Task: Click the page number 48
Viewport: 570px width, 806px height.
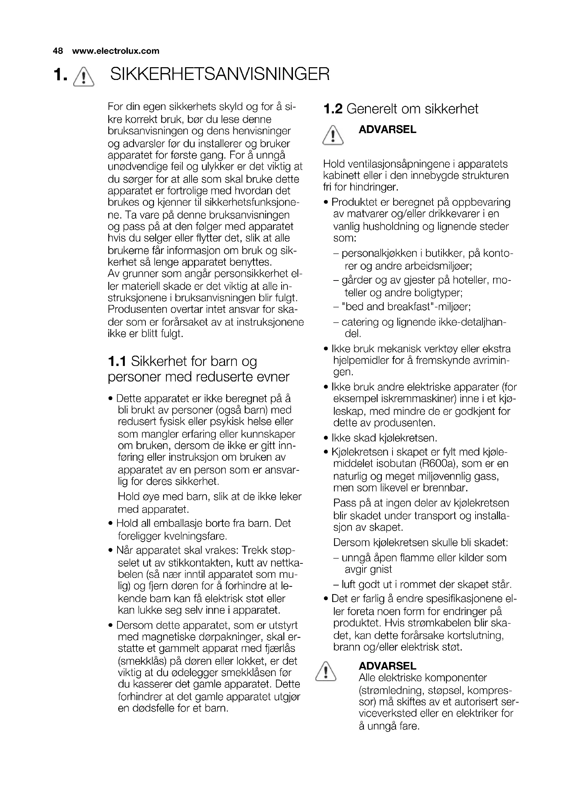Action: [58, 51]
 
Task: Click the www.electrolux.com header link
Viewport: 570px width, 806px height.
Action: [115, 51]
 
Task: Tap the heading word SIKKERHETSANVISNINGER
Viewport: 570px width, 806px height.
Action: [220, 74]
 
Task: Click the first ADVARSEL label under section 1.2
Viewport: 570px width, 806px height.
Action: [387, 130]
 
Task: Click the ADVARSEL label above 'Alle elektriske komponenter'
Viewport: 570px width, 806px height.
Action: [387, 666]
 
